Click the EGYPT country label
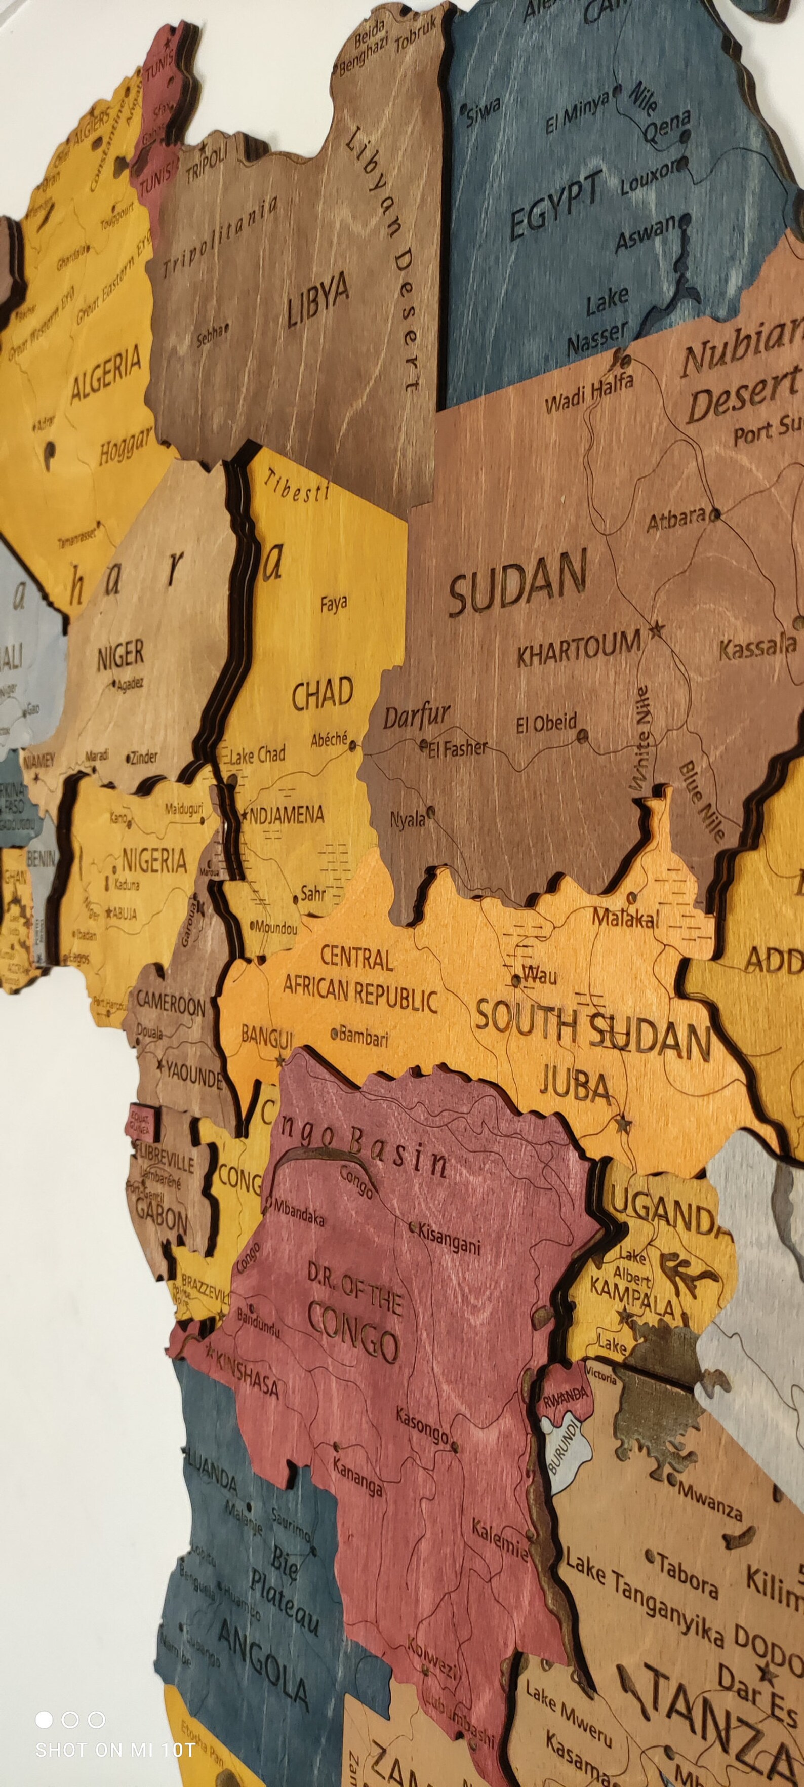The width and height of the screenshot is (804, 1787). pyautogui.click(x=555, y=206)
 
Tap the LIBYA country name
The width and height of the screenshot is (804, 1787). pyautogui.click(x=318, y=302)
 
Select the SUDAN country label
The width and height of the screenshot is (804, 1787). pyautogui.click(x=517, y=583)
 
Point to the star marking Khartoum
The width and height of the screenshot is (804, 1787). pyautogui.click(x=655, y=630)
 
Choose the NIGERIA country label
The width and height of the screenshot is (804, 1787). pyautogui.click(x=154, y=861)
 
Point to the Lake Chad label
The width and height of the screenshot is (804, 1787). pyautogui.click(x=257, y=755)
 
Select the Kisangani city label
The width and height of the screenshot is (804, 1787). pyautogui.click(x=448, y=1239)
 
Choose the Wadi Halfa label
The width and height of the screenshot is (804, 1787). pyautogui.click(x=589, y=392)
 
